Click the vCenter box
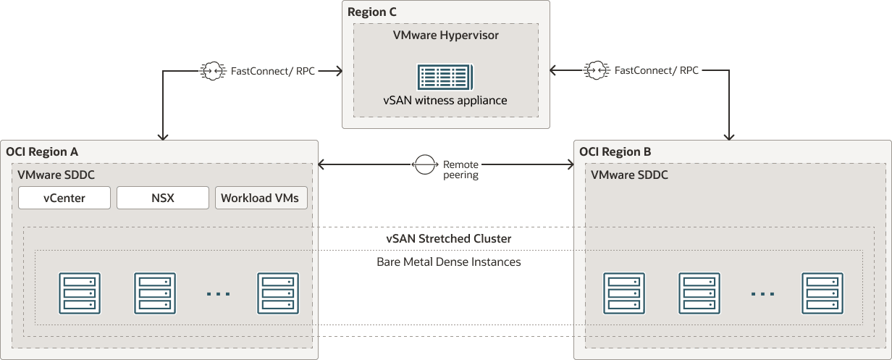(64, 198)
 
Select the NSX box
(163, 198)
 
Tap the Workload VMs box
(261, 198)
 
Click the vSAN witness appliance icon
(445, 78)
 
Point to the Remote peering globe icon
(425, 164)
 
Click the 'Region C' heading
(372, 12)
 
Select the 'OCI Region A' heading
(42, 151)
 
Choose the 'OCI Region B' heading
(615, 151)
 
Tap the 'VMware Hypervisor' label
(445, 34)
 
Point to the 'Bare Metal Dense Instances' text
(449, 261)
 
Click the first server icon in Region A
(80, 293)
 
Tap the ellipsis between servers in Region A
(218, 294)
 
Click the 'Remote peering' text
(460, 169)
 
